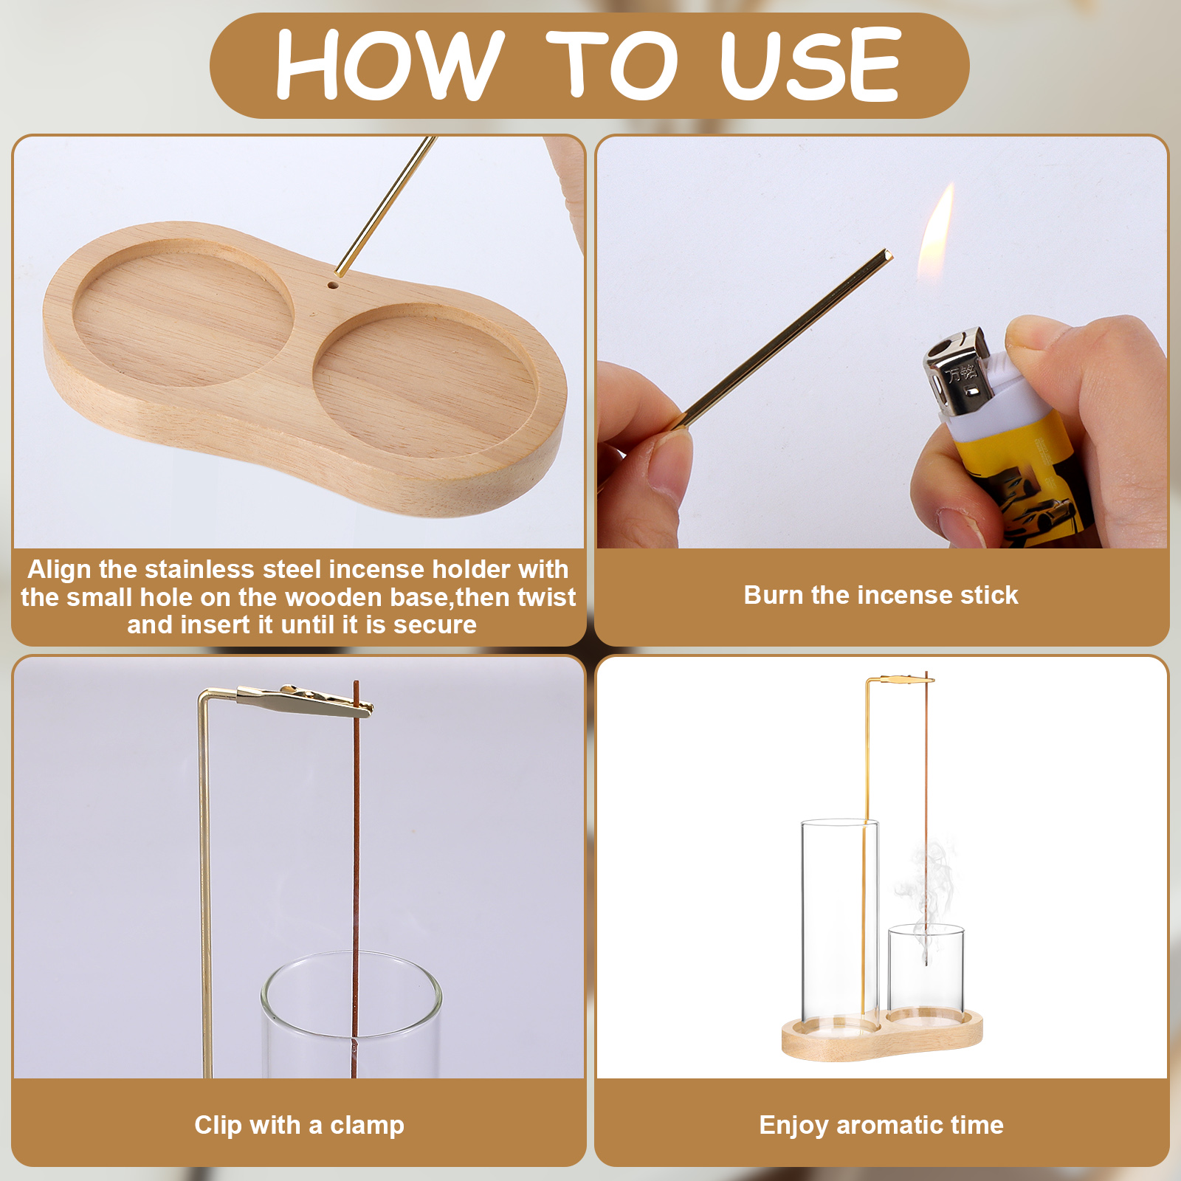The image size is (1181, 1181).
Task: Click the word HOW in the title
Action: pos(390,65)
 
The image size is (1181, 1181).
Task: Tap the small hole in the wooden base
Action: pos(333,284)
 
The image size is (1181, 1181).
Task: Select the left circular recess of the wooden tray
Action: pos(183,314)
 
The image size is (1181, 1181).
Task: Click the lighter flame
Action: pos(935,235)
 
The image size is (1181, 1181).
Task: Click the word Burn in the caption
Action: pos(774,595)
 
